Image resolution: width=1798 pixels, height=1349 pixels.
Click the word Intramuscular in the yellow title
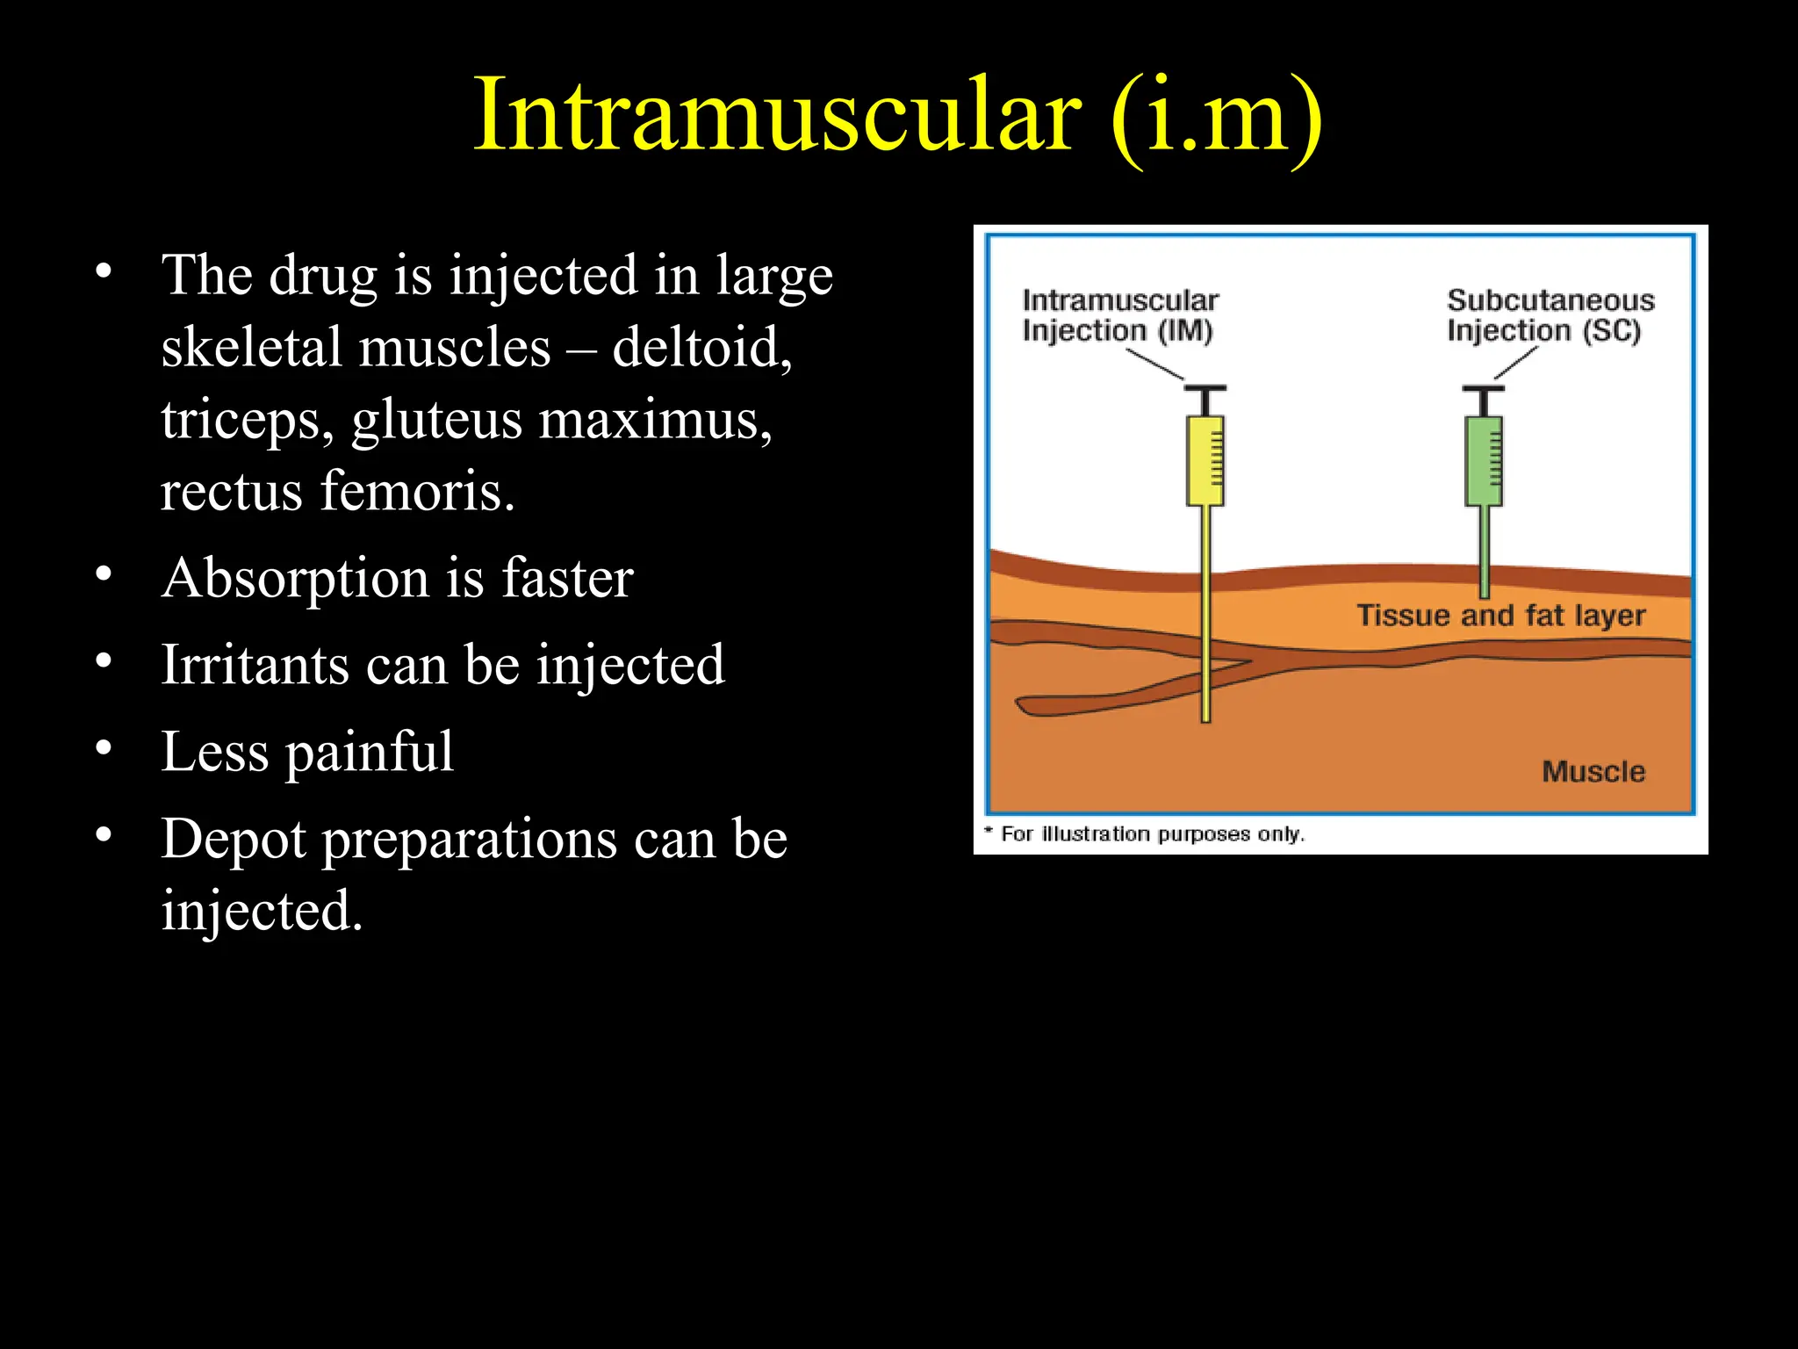[776, 116]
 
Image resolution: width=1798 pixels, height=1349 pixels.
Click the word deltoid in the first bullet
[701, 347]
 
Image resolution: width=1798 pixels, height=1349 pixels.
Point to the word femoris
[417, 491]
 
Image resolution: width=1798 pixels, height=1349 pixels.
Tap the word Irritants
[255, 665]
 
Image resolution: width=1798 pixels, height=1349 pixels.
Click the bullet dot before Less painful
[104, 748]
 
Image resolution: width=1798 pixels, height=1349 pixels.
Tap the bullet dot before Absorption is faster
[104, 574]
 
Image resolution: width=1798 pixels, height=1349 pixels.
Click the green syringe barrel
[1483, 461]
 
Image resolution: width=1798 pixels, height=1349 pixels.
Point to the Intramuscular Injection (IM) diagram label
[1119, 315]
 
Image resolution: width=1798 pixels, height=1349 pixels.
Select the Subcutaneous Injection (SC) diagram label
[1550, 315]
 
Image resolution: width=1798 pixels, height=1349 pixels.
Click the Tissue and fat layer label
[1500, 616]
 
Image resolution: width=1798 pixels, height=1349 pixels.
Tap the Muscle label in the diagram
[1593, 772]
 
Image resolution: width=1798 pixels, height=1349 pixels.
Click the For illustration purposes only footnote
[1150, 833]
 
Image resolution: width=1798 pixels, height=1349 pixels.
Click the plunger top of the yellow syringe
[1205, 387]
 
